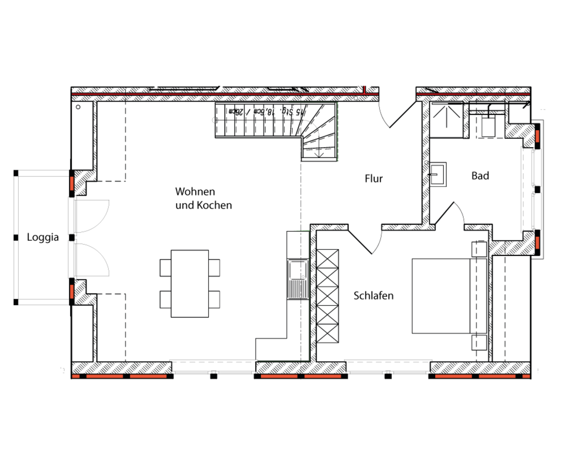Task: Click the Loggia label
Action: click(43, 237)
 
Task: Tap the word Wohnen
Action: click(195, 192)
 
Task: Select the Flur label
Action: click(374, 179)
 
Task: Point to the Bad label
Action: click(480, 176)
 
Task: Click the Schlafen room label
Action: click(374, 296)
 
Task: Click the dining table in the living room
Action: click(190, 284)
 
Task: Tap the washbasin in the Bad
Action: click(438, 174)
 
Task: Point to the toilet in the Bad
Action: click(489, 124)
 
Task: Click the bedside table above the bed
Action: click(479, 249)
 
